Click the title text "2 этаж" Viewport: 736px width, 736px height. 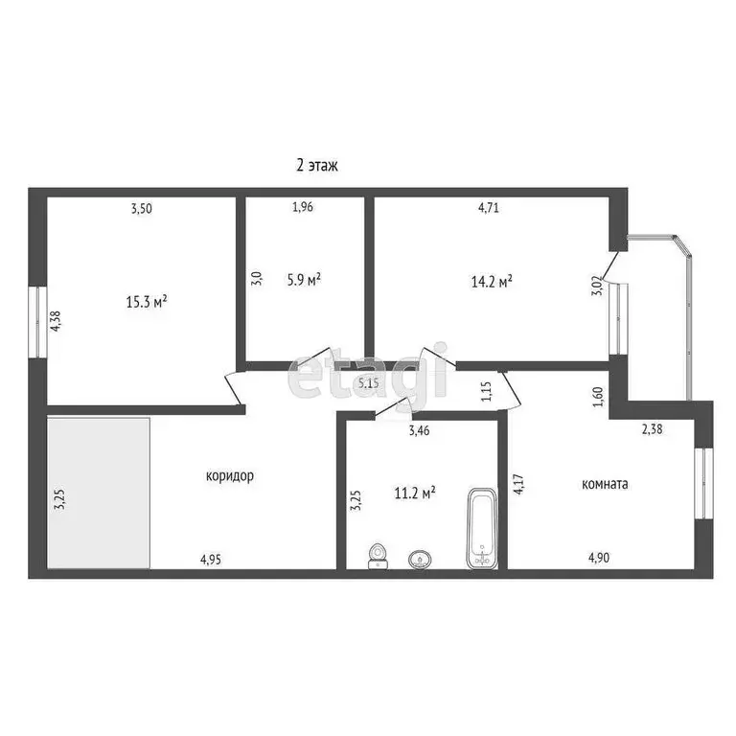316,165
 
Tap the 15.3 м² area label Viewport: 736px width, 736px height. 147,301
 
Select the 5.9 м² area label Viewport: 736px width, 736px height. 304,279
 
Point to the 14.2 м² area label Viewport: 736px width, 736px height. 492,281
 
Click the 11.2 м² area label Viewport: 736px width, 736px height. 415,493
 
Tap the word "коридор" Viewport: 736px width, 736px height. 229,475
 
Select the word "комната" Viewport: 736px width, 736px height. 605,484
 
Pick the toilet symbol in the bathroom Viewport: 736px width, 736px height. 379,555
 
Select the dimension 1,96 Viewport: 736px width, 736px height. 303,207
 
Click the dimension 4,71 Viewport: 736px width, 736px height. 488,207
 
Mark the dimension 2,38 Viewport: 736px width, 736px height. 652,429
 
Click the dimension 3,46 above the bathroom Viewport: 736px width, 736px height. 419,431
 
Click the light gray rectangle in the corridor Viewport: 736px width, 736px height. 99,493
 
